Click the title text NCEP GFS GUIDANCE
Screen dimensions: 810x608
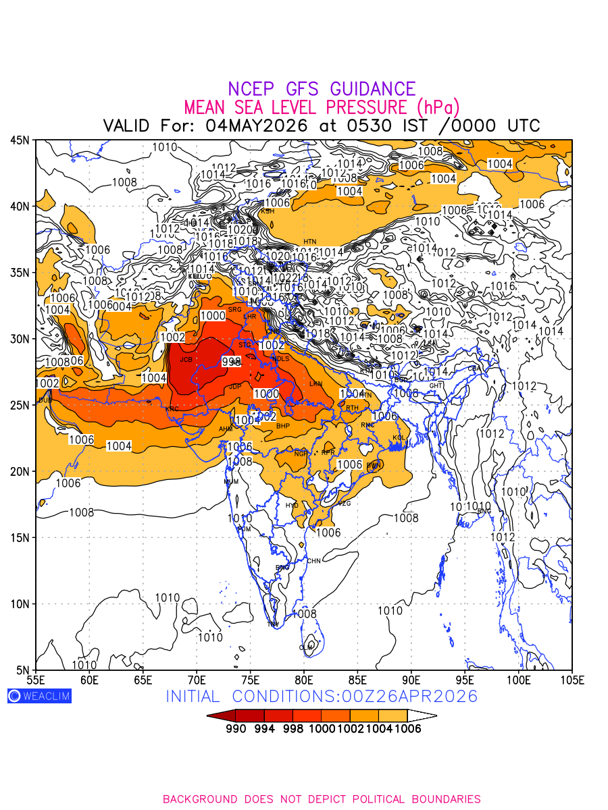pyautogui.click(x=322, y=89)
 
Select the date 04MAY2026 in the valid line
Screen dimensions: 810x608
pyautogui.click(x=257, y=126)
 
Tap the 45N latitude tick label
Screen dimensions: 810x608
pyautogui.click(x=20, y=140)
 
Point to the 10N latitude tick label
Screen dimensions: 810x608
pyautogui.click(x=20, y=604)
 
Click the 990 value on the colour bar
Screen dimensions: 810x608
pyautogui.click(x=235, y=728)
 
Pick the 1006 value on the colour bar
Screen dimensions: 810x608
pyautogui.click(x=407, y=728)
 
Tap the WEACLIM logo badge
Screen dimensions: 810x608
pyautogui.click(x=39, y=696)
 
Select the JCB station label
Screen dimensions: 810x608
pyautogui.click(x=186, y=360)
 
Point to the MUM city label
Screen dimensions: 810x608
pyautogui.click(x=231, y=482)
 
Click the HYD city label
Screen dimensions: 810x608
pyautogui.click(x=292, y=505)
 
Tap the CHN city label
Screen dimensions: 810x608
pyautogui.click(x=314, y=561)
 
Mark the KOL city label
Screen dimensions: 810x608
pyautogui.click(x=399, y=438)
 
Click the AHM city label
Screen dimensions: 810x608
pyautogui.click(x=226, y=429)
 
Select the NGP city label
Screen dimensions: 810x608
pyautogui.click(x=300, y=454)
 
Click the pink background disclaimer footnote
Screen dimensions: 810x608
pyautogui.click(x=322, y=799)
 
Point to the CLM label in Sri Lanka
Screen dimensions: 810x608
pyautogui.click(x=306, y=647)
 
